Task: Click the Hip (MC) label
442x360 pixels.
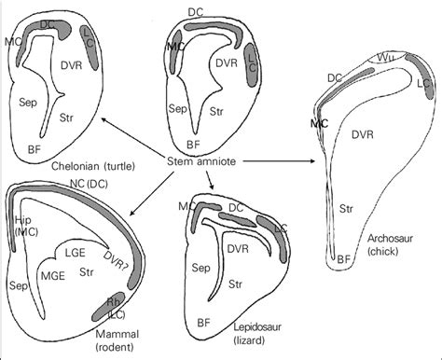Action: pos(22,226)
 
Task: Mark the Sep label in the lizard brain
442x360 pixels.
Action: pos(199,267)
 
